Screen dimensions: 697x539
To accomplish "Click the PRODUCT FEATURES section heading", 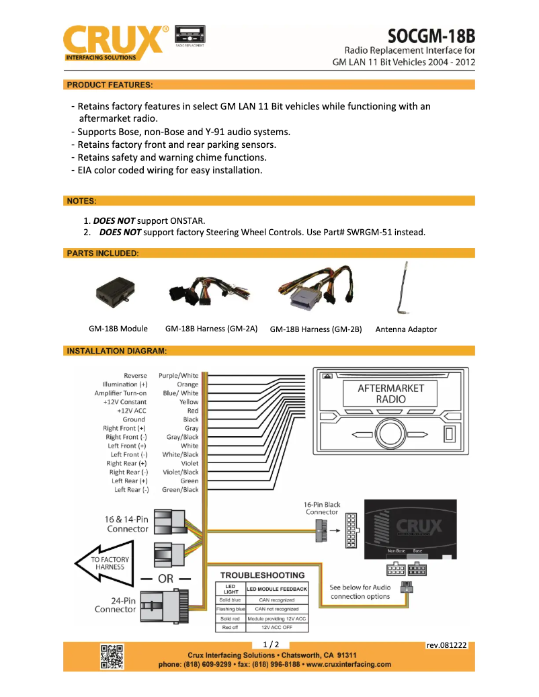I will (x=110, y=85).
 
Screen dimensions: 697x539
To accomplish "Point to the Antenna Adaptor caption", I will (x=406, y=329).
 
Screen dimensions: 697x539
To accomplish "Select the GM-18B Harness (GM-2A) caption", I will (x=212, y=329).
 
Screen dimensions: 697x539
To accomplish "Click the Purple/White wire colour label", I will (x=179, y=376).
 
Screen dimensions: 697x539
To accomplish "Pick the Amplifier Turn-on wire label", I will (x=120, y=393).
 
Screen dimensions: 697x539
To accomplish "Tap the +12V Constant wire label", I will (x=125, y=402).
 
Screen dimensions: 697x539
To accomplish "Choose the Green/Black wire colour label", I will (x=180, y=490).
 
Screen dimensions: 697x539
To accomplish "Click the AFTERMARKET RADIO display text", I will (x=391, y=393).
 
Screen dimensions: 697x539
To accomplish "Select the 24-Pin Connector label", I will (x=116, y=605).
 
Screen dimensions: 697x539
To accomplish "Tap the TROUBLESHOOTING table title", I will (x=263, y=575).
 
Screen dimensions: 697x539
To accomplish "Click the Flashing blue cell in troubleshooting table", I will (x=231, y=609).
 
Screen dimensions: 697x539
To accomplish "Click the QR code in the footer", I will (x=112, y=657).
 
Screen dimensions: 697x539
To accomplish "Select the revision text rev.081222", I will (x=446, y=645).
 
